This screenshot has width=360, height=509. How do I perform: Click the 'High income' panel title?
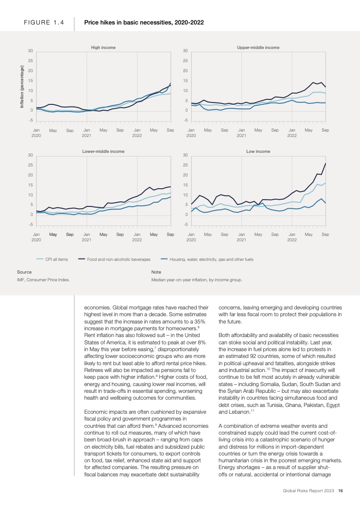(104, 47)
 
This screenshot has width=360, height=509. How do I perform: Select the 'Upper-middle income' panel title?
(258, 47)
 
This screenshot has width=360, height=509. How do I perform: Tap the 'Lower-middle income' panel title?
(104, 151)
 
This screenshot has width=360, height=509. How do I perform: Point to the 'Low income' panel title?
(258, 151)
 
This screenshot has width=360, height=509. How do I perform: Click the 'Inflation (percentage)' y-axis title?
(21, 87)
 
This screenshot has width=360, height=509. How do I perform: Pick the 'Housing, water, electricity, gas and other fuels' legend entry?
(211, 259)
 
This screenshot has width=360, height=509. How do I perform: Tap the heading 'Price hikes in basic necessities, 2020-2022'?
(144, 22)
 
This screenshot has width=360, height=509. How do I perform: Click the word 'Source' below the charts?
(24, 272)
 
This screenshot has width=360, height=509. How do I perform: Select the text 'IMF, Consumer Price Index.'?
(44, 280)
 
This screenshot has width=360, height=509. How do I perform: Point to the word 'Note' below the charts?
(156, 272)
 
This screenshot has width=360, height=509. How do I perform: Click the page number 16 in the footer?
(340, 490)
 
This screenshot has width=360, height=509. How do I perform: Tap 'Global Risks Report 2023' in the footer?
(309, 490)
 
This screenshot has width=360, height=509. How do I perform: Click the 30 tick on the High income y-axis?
(30, 50)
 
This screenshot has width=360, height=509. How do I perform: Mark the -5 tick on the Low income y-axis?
(185, 225)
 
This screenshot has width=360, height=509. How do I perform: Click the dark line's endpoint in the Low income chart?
(325, 163)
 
